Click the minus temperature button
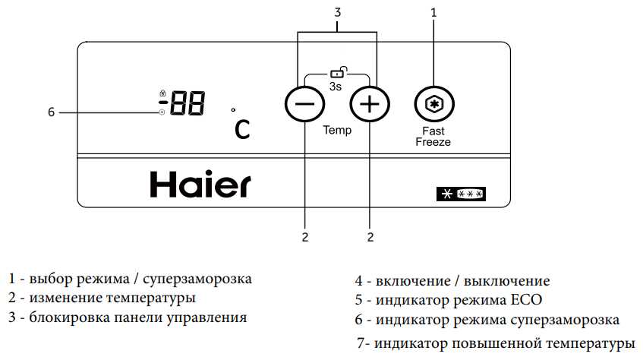click(304, 104)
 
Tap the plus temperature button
click(370, 104)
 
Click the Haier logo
click(200, 185)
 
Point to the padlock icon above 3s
click(339, 72)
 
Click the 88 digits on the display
click(188, 103)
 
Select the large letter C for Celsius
click(242, 130)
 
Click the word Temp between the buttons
click(337, 131)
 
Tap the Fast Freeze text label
click(433, 137)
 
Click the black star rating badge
click(461, 194)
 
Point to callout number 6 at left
click(52, 112)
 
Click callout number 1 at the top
click(434, 13)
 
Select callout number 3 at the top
click(338, 13)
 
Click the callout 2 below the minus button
click(304, 237)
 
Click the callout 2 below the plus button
click(370, 237)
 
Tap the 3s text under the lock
click(336, 87)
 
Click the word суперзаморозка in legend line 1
click(197, 279)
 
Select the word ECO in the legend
click(526, 300)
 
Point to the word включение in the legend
click(413, 281)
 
